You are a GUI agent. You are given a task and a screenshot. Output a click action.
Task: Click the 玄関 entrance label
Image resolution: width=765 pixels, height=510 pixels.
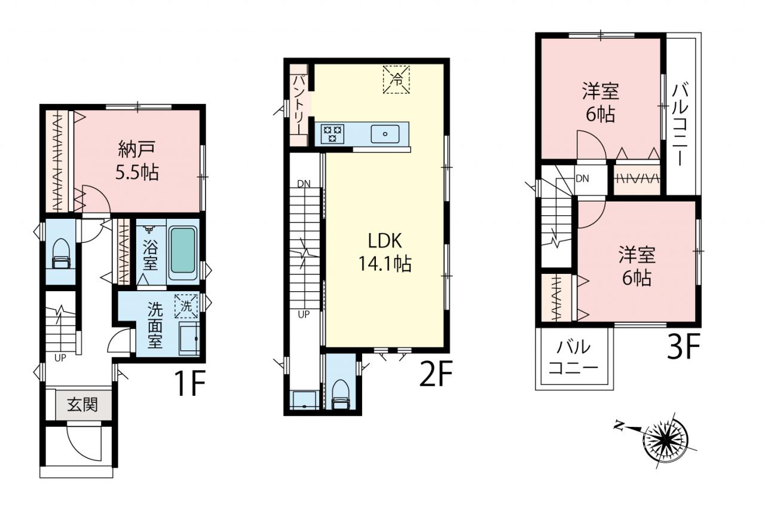82,405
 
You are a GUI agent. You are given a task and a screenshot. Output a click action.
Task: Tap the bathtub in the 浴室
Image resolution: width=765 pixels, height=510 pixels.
183,251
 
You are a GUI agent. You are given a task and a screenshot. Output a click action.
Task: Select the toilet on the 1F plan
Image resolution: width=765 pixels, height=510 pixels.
61,254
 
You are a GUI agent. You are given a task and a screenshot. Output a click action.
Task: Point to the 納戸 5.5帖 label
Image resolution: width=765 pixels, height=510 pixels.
137,161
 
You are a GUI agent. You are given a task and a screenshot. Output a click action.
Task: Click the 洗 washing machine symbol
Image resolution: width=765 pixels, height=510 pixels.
186,306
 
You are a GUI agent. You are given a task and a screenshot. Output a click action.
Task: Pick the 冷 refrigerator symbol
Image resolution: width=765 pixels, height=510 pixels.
396,80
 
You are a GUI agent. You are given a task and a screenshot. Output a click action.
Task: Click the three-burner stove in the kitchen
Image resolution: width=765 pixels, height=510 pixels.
332,133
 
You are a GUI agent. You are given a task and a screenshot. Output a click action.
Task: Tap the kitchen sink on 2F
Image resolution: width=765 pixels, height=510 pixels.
385,133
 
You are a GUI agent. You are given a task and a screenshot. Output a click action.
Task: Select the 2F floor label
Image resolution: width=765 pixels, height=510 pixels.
436,373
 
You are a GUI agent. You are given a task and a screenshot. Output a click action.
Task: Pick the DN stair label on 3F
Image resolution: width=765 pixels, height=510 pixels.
582,178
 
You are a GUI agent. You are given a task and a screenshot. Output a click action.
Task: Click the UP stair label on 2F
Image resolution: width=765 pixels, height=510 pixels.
304,314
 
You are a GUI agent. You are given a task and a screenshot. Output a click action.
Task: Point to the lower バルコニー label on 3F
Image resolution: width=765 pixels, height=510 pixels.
574,358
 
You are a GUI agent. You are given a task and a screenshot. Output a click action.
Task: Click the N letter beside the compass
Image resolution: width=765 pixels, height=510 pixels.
618,426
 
